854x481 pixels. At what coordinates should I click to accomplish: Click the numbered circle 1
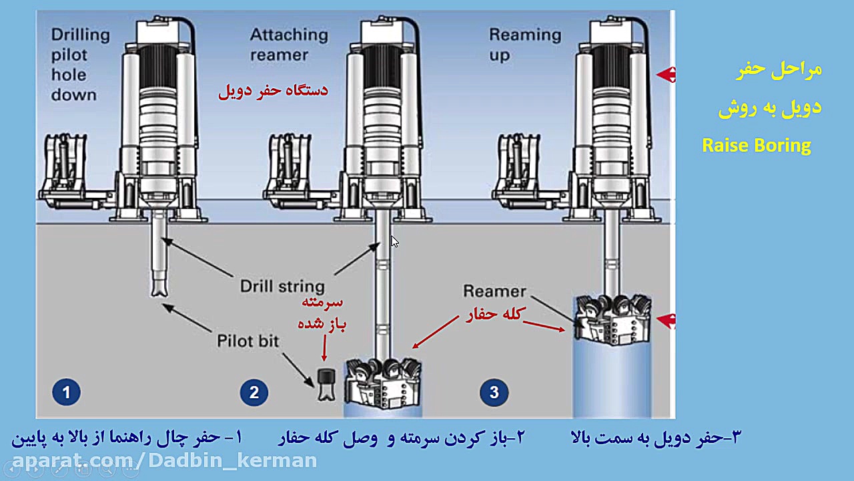coord(66,392)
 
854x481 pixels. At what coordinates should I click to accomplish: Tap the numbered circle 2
coord(254,392)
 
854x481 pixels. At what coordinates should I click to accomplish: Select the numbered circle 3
coord(494,392)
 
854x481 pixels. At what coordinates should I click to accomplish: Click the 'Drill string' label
coord(282,287)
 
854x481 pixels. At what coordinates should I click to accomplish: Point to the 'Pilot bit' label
coord(248,341)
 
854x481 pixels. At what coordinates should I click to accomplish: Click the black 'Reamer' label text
coord(494,291)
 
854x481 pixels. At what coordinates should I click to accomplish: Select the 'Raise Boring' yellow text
coord(756,145)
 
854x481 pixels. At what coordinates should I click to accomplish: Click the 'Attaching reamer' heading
coord(288,44)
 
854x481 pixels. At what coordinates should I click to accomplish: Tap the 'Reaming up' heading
coord(524,44)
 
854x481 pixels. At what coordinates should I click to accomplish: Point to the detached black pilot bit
coord(326,384)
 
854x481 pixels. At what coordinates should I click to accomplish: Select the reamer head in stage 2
coord(382,384)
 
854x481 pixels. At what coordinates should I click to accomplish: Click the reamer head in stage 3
coord(612,319)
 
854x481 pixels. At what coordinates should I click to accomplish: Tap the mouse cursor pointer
coord(394,242)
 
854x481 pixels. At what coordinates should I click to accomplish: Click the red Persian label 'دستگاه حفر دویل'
coord(273,90)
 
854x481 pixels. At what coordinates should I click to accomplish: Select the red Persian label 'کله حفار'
coord(496,314)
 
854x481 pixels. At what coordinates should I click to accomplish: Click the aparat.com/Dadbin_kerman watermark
coord(164,460)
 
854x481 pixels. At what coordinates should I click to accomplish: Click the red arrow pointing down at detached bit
coord(325,349)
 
